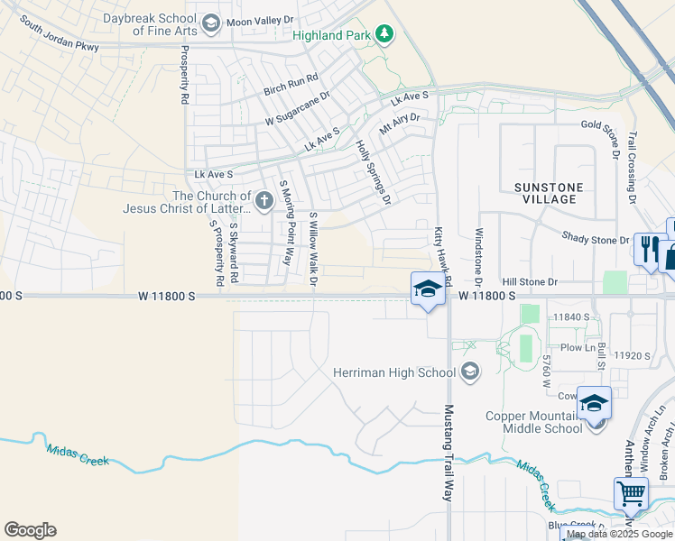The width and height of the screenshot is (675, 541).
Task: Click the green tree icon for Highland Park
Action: pos(385,34)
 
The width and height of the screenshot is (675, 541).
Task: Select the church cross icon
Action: pos(264,200)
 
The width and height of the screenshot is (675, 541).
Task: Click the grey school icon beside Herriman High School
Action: pos(469,371)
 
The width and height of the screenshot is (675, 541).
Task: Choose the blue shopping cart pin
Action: pos(631,493)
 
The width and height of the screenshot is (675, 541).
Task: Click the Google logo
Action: pos(30,530)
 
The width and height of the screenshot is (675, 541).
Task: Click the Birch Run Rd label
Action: pos(292,86)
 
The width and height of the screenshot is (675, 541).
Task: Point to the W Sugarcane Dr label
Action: pos(298,107)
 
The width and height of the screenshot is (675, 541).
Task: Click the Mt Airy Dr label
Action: pos(400,124)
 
